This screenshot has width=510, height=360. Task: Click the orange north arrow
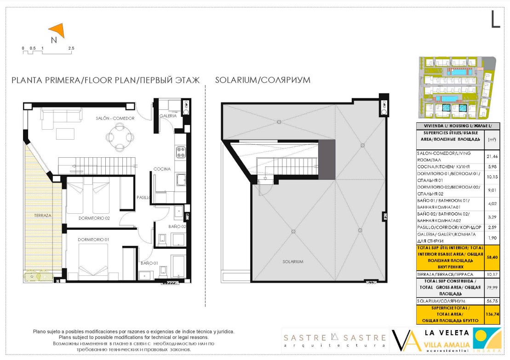click(x=58, y=29)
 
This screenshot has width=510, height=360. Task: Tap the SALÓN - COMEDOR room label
click(x=115, y=118)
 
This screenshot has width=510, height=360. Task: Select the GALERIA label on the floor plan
click(x=168, y=116)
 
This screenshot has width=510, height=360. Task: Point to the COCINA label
click(x=162, y=169)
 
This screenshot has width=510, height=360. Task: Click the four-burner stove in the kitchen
click(x=181, y=152)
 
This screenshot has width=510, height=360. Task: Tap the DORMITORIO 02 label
click(x=94, y=218)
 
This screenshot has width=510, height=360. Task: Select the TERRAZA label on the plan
click(x=43, y=215)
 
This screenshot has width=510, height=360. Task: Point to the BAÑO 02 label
click(x=177, y=227)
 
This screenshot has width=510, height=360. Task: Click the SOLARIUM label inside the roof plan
click(x=293, y=262)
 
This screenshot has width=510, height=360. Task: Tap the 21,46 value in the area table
click(x=492, y=156)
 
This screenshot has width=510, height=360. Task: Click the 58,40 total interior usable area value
click(x=492, y=257)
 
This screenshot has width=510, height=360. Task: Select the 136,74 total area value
click(x=492, y=314)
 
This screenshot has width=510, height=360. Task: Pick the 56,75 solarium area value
click(x=492, y=301)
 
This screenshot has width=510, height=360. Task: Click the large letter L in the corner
click(x=495, y=19)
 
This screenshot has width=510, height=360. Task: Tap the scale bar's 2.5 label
click(x=71, y=48)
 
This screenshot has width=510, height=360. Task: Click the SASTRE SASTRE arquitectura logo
click(x=335, y=340)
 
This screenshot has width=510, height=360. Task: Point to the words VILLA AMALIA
click(x=447, y=345)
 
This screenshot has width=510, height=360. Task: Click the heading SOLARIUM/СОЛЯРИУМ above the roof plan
click(x=263, y=80)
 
